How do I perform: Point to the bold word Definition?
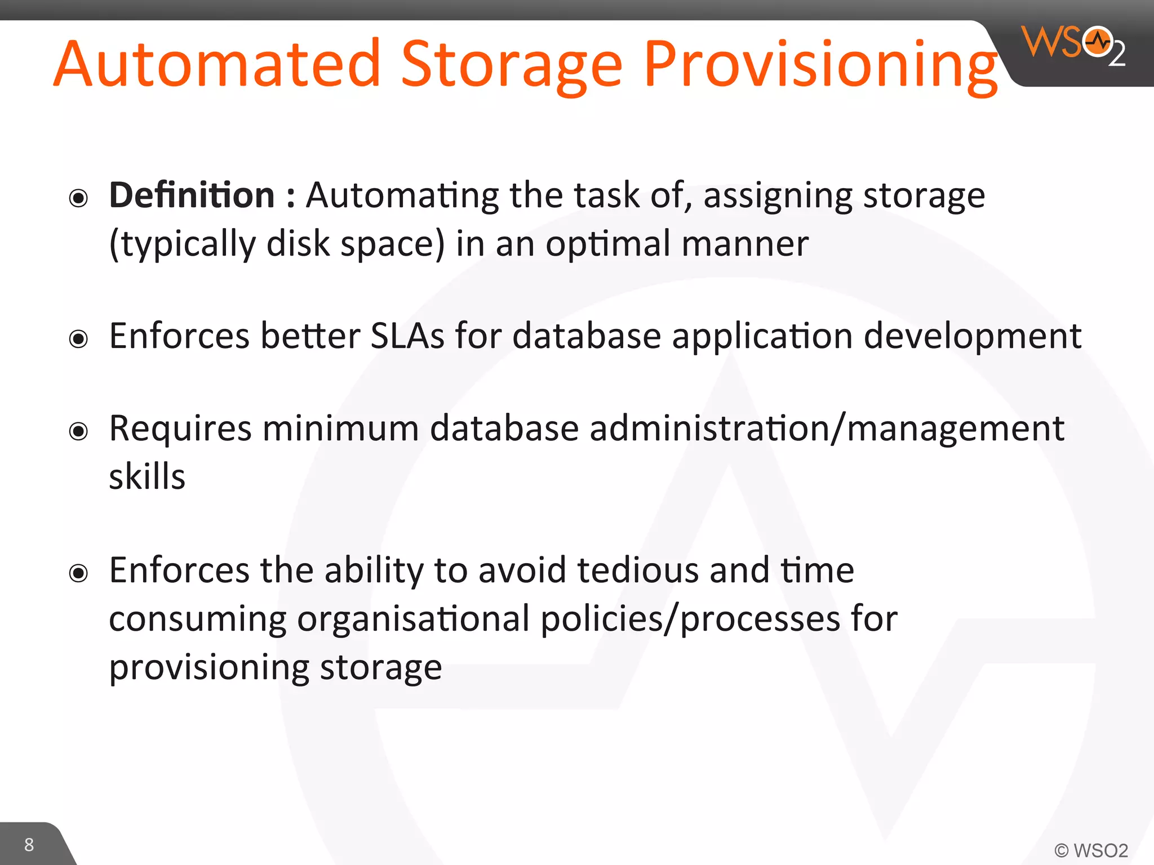tap(192, 195)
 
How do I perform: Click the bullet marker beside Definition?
tap(78, 198)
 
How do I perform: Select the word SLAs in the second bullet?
tap(407, 336)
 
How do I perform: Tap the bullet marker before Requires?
tap(78, 431)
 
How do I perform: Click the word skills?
tap(147, 476)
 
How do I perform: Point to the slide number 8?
tap(29, 845)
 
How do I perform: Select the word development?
tap(972, 336)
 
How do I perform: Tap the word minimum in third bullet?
tap(340, 429)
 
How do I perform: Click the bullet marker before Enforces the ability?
tap(78, 573)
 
